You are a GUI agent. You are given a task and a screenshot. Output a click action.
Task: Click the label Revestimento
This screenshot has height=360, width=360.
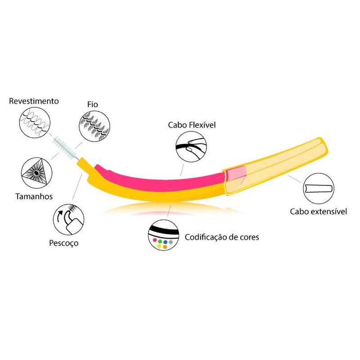tap(34, 101)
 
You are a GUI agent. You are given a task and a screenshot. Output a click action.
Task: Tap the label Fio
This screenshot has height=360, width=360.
tap(93, 104)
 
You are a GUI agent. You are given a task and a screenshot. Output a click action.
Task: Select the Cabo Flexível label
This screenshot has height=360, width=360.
tap(192, 125)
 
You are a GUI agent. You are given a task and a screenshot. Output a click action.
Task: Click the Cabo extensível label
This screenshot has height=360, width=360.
tap(318, 211)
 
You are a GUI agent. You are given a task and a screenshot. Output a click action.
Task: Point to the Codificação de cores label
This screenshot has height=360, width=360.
tap(222, 237)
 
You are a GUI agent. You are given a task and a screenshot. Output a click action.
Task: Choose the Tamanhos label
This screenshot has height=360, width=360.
tap(34, 196)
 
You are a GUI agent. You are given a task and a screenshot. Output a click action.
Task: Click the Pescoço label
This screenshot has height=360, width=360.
tap(63, 243)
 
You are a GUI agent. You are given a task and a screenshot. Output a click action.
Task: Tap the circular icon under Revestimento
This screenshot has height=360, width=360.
tap(35, 122)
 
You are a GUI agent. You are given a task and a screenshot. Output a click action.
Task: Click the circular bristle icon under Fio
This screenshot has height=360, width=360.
tap(94, 126)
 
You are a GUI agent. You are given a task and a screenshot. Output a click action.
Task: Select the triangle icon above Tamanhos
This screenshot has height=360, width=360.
tap(36, 173)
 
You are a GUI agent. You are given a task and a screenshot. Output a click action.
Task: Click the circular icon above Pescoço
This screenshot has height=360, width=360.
tap(69, 220)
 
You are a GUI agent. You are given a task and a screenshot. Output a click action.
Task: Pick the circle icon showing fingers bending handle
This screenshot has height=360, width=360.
tap(191, 147)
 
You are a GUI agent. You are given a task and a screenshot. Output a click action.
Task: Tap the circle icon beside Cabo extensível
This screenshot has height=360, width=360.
tap(319, 189)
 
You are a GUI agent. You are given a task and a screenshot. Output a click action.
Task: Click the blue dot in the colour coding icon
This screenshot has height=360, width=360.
tap(165, 242)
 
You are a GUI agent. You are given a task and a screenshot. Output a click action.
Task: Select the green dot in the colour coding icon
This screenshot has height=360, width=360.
tap(160, 242)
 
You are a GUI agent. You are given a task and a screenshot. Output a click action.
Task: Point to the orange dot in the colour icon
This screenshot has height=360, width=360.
tap(165, 247)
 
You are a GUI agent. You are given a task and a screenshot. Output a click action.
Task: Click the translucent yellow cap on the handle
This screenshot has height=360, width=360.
tap(275, 166)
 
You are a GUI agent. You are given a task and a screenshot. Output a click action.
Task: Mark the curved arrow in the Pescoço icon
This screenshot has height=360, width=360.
tap(60, 217)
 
